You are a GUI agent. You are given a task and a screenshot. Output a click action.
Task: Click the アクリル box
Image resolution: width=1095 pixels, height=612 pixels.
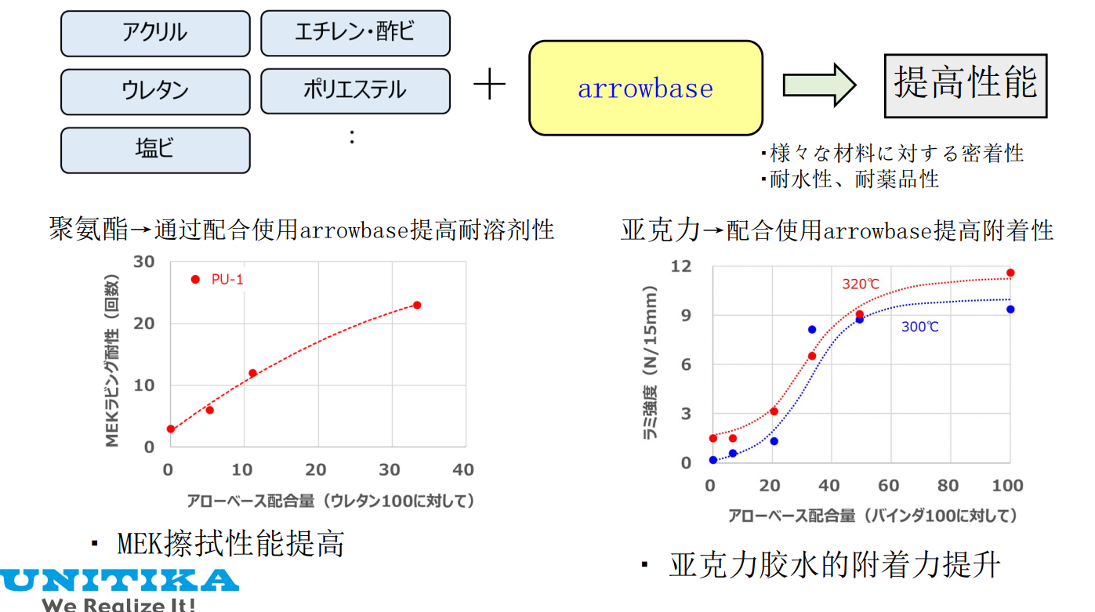pyautogui.click(x=155, y=33)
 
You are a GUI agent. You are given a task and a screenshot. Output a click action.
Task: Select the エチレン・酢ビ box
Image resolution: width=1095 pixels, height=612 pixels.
pyautogui.click(x=355, y=33)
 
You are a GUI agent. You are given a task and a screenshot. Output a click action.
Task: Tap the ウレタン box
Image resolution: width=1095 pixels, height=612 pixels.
pyautogui.click(x=155, y=92)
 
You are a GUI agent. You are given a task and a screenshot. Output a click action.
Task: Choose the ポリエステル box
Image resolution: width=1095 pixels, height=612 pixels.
pyautogui.click(x=355, y=91)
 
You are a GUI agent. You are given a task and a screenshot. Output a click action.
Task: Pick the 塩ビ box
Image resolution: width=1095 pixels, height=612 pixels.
pyautogui.click(x=155, y=150)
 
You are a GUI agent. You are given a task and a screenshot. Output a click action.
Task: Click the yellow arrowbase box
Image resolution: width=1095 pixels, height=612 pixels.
pyautogui.click(x=645, y=88)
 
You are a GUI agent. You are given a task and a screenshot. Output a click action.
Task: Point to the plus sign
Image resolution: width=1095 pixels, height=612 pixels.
pyautogui.click(x=489, y=84)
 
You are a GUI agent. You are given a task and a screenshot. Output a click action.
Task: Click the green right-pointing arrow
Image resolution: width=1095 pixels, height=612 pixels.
pyautogui.click(x=819, y=84)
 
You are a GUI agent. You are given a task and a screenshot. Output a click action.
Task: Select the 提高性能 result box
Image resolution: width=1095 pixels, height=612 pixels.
pyautogui.click(x=965, y=85)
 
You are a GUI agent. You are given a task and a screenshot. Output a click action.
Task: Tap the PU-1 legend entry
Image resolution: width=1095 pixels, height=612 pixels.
pyautogui.click(x=219, y=280)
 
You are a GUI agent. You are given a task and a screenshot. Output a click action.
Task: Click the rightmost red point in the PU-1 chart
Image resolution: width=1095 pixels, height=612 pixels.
pyautogui.click(x=417, y=305)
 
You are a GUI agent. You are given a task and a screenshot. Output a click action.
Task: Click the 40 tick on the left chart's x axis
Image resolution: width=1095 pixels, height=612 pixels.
pyautogui.click(x=463, y=470)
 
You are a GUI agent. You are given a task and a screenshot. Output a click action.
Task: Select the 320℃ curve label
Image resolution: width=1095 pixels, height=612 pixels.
pyautogui.click(x=861, y=284)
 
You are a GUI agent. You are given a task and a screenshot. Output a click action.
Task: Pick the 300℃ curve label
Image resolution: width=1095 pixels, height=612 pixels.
pyautogui.click(x=919, y=327)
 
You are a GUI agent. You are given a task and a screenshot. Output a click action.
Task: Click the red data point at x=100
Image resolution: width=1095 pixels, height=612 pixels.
pyautogui.click(x=1010, y=273)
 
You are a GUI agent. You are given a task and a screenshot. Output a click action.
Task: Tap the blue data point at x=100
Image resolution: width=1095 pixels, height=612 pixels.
pyautogui.click(x=1010, y=310)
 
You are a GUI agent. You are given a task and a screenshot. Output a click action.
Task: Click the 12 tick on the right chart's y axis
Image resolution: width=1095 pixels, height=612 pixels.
pyautogui.click(x=681, y=266)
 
